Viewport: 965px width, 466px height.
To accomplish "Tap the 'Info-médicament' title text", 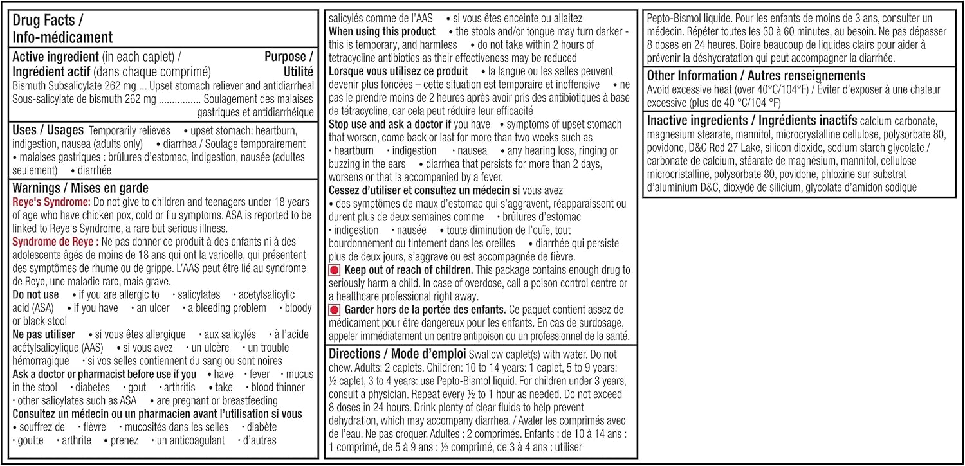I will [62, 37].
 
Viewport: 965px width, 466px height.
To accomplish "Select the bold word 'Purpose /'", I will [289, 57].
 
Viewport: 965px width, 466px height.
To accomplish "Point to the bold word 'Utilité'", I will [298, 71].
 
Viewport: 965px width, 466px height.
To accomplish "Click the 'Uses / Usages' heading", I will [48, 130].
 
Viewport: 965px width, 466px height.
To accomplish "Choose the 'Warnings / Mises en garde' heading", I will [80, 188].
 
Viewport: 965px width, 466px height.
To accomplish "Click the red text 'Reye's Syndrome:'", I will [51, 202].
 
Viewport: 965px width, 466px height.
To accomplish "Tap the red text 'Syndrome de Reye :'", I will [56, 242].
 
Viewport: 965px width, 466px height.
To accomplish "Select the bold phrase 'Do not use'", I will [35, 294].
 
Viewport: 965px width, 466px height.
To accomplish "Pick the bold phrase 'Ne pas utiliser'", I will [44, 334].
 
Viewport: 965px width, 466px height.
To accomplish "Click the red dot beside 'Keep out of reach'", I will [335, 270].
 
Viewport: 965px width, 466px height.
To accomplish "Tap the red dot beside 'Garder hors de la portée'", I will [335, 310].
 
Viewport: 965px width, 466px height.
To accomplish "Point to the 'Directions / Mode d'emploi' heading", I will [398, 354].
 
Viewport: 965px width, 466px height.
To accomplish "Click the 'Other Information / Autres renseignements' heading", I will [756, 76].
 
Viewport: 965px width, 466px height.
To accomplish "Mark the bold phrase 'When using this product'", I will [382, 31].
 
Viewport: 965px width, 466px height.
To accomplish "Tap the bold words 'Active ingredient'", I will [55, 57].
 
